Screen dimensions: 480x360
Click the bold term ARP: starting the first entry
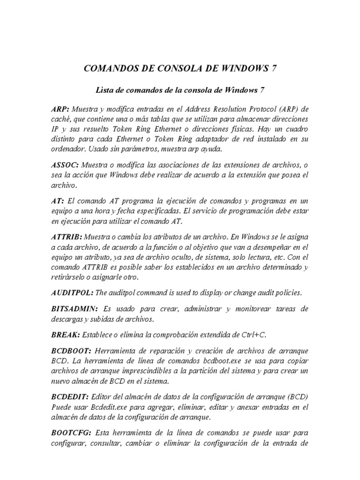tap(60, 109)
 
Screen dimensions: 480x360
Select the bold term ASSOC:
tap(65, 165)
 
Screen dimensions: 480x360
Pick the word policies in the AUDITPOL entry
tap(286, 293)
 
